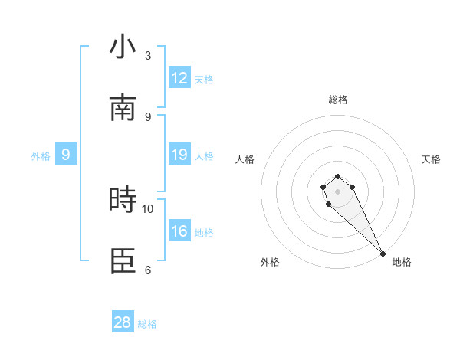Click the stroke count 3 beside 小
click(x=148, y=56)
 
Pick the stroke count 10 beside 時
click(x=148, y=208)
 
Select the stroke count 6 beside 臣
click(x=148, y=270)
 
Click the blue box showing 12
click(x=179, y=78)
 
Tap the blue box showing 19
click(x=179, y=155)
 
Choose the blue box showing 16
click(x=179, y=231)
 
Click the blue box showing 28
click(x=123, y=322)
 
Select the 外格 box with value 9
click(x=66, y=155)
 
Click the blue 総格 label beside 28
click(x=148, y=324)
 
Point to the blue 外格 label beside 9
click(x=41, y=156)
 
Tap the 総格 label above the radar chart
click(x=338, y=100)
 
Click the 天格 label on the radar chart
click(x=431, y=159)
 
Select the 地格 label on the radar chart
click(x=402, y=262)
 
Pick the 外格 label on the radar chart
click(x=270, y=262)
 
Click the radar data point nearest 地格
click(x=383, y=254)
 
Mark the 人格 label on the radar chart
click(x=245, y=159)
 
